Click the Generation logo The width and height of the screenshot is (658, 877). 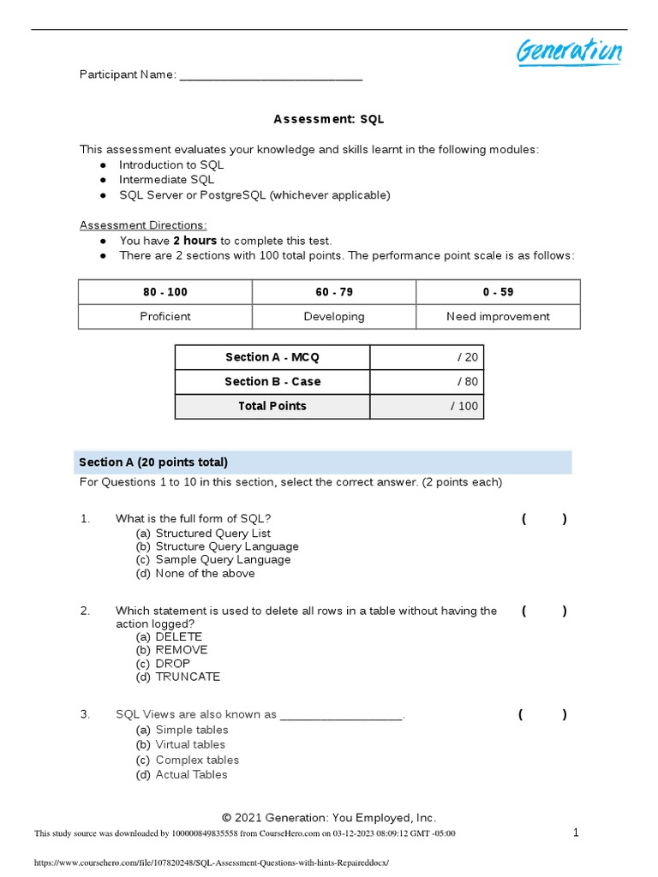pos(568,51)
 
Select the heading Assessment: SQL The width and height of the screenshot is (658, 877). pos(328,119)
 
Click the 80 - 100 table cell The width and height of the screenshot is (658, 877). pos(165,292)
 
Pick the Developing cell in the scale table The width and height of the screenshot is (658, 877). pos(333,316)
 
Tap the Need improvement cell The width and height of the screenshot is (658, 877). pos(498,316)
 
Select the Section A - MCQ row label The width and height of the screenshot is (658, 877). pos(272,357)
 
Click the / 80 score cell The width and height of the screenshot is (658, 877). pos(427,382)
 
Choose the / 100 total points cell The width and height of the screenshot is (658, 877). pos(427,406)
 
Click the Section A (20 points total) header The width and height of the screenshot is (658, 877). pos(153,462)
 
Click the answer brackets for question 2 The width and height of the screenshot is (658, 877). pos(543,611)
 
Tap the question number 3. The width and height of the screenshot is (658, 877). pos(85,714)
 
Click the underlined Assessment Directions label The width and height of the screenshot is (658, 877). pos(143,225)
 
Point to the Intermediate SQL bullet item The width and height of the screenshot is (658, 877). pos(166,180)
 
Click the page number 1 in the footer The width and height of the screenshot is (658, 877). pos(576,832)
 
